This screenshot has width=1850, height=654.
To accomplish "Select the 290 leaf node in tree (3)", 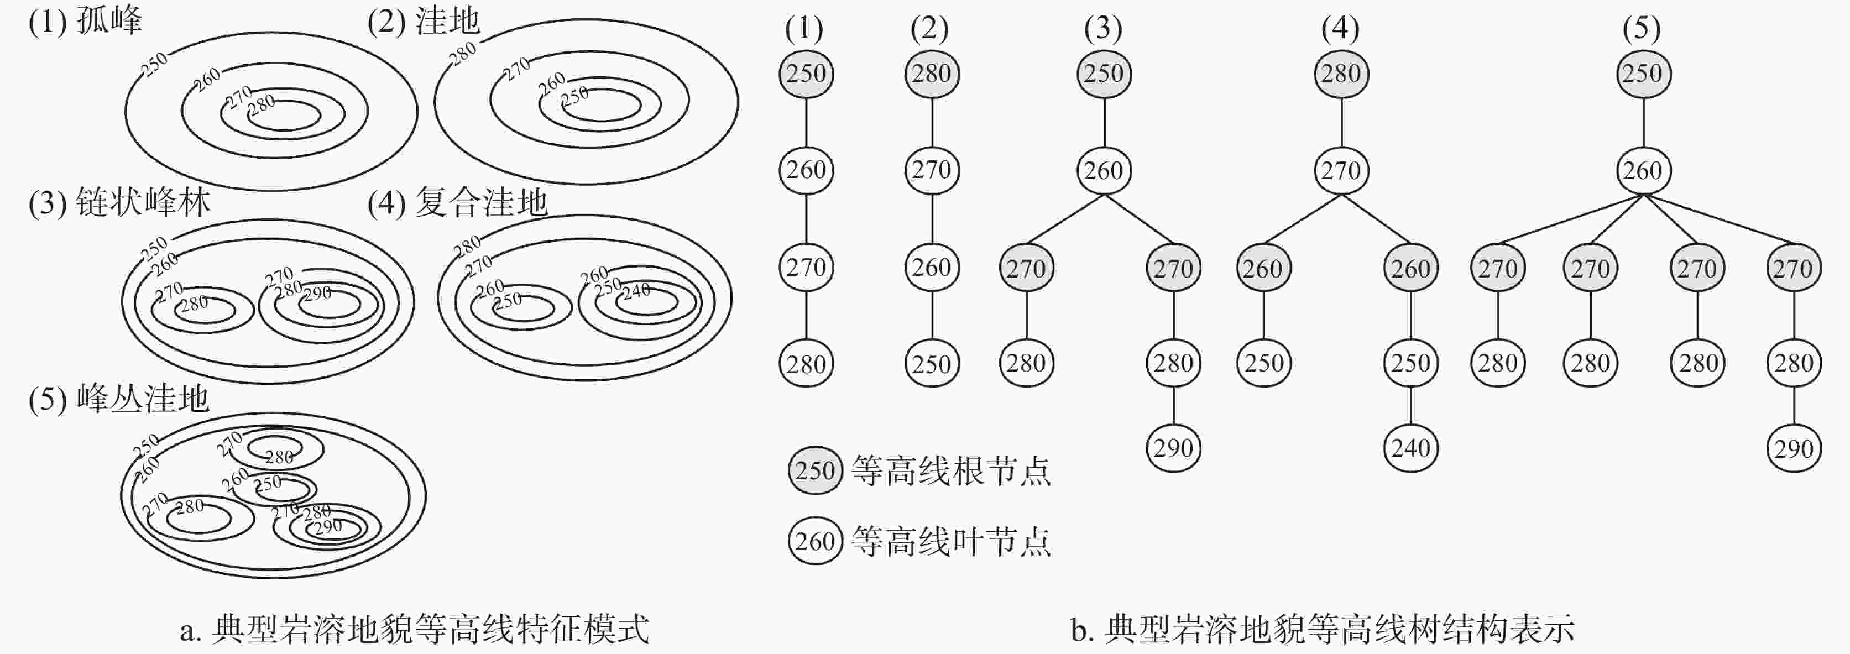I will pos(1173,448).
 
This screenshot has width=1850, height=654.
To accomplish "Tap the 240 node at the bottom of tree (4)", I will pos(1410,448).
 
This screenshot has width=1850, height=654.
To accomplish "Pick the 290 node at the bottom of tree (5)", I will pos(1793,449).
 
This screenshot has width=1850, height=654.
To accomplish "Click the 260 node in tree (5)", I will pos(1643,171).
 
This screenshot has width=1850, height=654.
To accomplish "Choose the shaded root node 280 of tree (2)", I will pos(932,73).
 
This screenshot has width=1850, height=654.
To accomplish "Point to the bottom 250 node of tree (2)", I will pos(932,364).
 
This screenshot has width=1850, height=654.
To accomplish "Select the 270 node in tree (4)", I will pos(1341,171).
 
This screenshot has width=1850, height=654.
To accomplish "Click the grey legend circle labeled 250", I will pos(815,471).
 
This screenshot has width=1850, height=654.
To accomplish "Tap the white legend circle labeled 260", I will pos(815,541).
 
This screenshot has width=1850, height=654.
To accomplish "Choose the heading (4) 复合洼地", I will pos(457,203).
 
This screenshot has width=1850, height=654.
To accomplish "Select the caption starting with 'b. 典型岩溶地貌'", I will pos(1322,629).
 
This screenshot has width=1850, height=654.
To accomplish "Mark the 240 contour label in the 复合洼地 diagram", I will pos(636,291).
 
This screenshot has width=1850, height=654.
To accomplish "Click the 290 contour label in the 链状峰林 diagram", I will pos(317,293).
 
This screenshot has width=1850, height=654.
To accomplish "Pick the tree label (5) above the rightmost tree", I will pos(1641,29).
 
